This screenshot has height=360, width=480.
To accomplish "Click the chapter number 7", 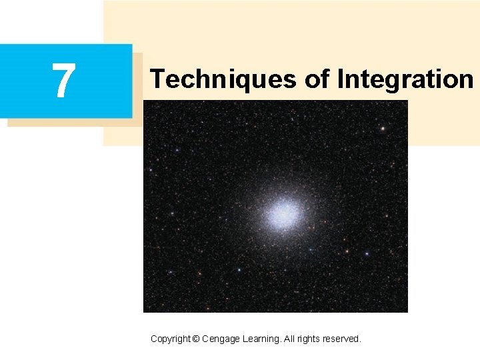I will [64, 81].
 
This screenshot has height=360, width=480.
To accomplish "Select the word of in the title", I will [319, 79].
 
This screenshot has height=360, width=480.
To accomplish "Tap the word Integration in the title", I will [405, 79].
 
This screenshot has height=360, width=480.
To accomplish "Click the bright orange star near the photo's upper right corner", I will [383, 127].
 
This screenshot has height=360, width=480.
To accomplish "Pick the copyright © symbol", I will [195, 339].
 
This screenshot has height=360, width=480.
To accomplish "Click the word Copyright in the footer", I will [170, 339].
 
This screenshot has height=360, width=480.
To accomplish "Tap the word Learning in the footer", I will [264, 339].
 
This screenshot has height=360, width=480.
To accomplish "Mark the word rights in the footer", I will [311, 339].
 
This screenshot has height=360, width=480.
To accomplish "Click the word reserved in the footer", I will [342, 339].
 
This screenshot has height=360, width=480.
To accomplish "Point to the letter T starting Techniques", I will [157, 79].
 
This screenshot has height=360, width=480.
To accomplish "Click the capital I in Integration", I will [340, 79].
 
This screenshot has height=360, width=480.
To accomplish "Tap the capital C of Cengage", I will [205, 339].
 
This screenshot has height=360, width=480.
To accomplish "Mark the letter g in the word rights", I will [309, 340].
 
